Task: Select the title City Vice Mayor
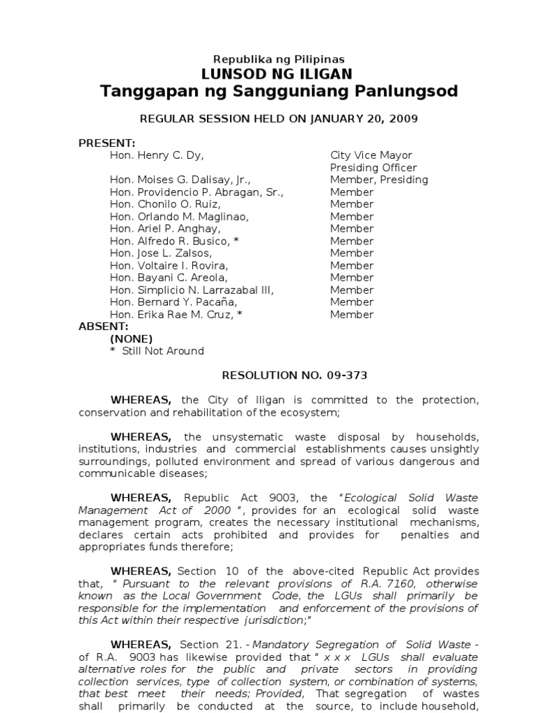point(371,155)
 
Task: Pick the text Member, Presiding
point(379,180)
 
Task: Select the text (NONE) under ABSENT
point(131,338)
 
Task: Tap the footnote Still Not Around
point(163,351)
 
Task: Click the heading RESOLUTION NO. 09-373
point(294,375)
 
